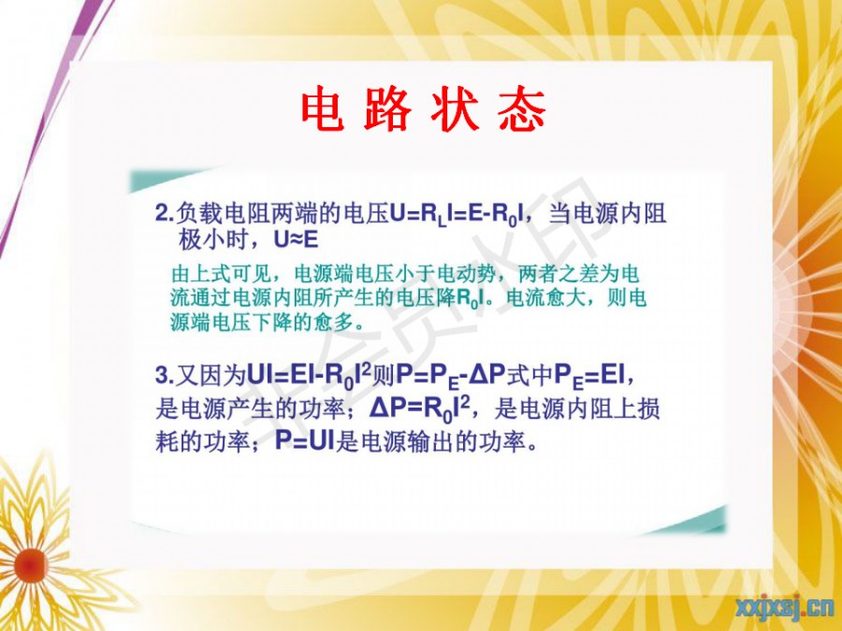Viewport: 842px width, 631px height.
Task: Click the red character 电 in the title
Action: (323, 109)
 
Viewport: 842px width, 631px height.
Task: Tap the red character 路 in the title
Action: (387, 109)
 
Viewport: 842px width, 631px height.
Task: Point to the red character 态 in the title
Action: (522, 109)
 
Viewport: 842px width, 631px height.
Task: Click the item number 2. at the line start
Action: (165, 213)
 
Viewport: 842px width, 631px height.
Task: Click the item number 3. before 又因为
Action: (165, 375)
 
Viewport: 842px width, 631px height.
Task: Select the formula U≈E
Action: (296, 239)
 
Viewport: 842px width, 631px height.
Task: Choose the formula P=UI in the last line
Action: (304, 441)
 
